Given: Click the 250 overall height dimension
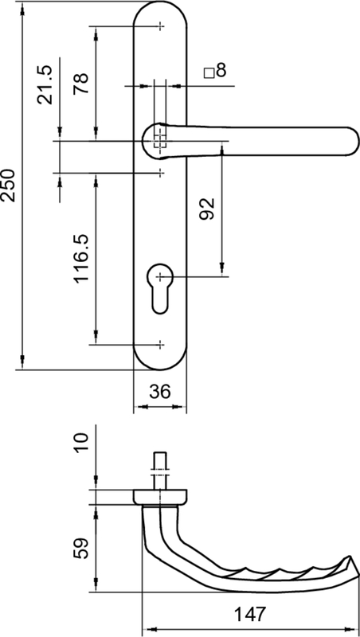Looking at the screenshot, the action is tap(9, 186).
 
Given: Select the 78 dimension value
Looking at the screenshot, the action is tap(81, 84).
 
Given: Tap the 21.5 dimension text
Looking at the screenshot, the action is tap(45, 85).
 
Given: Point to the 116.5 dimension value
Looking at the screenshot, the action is tap(81, 258).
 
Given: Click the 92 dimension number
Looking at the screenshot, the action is tap(207, 209).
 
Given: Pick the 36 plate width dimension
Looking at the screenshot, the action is tap(159, 392).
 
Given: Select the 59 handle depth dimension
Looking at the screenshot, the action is tap(81, 549).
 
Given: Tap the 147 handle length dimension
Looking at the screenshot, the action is tap(250, 614).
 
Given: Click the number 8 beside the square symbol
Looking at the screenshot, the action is tap(221, 71).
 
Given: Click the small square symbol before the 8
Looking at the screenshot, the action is tap(209, 73).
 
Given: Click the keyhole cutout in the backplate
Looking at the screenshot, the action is tap(159, 288).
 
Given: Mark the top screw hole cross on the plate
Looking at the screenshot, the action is tap(161, 26).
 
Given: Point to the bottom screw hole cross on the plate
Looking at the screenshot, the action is tap(161, 345).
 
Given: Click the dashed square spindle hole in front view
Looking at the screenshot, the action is tap(160, 142).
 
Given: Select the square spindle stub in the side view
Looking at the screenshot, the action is tap(159, 471).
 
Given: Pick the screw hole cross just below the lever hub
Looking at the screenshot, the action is tap(161, 173).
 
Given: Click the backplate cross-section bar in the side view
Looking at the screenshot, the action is tap(160, 497).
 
